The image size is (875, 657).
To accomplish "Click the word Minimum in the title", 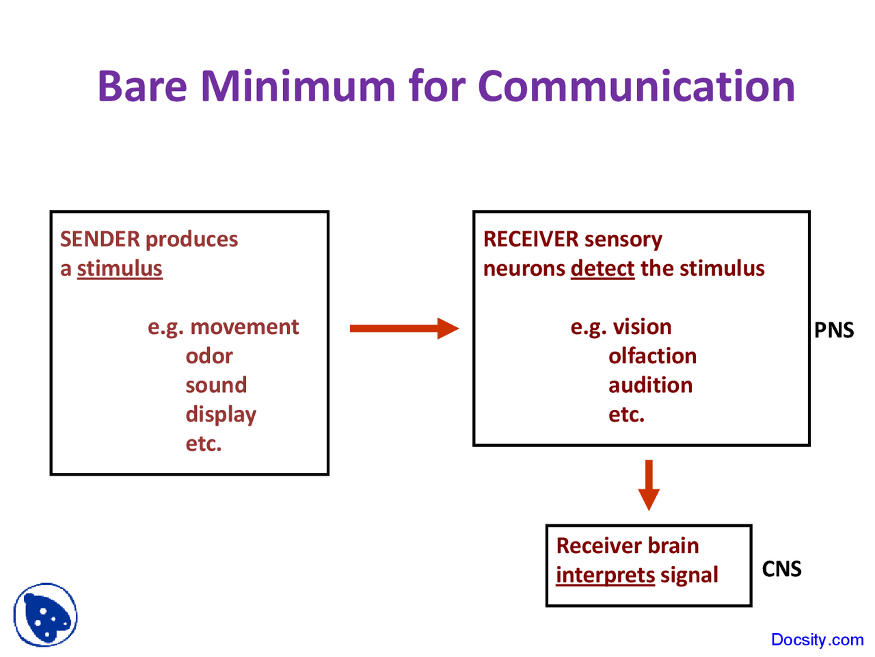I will click(x=297, y=86).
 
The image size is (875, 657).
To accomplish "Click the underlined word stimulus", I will click(x=120, y=268).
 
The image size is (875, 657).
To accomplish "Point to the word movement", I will click(x=244, y=327).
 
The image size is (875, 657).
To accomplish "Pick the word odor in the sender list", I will click(x=209, y=356).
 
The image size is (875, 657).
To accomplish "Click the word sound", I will click(x=216, y=385).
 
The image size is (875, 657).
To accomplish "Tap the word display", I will click(x=221, y=415).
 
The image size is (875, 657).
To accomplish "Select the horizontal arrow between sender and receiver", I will click(x=403, y=328).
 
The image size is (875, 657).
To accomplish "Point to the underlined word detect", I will click(x=602, y=268).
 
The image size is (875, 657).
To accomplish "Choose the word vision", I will click(x=642, y=327).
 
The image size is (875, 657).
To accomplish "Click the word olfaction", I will click(x=652, y=356).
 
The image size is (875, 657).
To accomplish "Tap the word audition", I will click(x=650, y=385).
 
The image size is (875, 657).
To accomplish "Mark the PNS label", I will click(x=834, y=331).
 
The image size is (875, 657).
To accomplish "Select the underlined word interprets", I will click(x=605, y=575).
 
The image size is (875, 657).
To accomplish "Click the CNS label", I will click(x=781, y=569).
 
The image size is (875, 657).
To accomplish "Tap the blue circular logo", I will click(x=45, y=615).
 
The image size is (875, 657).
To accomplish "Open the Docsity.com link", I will click(x=817, y=640).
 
